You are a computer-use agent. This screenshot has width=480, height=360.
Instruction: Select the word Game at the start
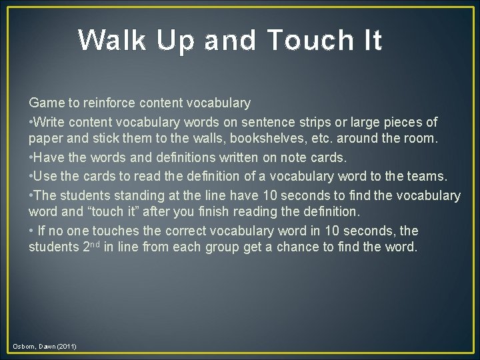pyautogui.click(x=44, y=103)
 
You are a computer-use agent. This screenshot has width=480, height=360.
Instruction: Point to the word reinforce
pyautogui.click(x=111, y=103)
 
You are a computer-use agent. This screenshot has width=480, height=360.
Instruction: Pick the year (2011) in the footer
pyautogui.click(x=67, y=346)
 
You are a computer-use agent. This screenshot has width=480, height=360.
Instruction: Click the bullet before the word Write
pyautogui.click(x=31, y=122)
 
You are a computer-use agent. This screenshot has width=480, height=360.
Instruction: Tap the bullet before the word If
pyautogui.click(x=31, y=231)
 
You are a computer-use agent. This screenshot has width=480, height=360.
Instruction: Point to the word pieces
pyautogui.click(x=405, y=122)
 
